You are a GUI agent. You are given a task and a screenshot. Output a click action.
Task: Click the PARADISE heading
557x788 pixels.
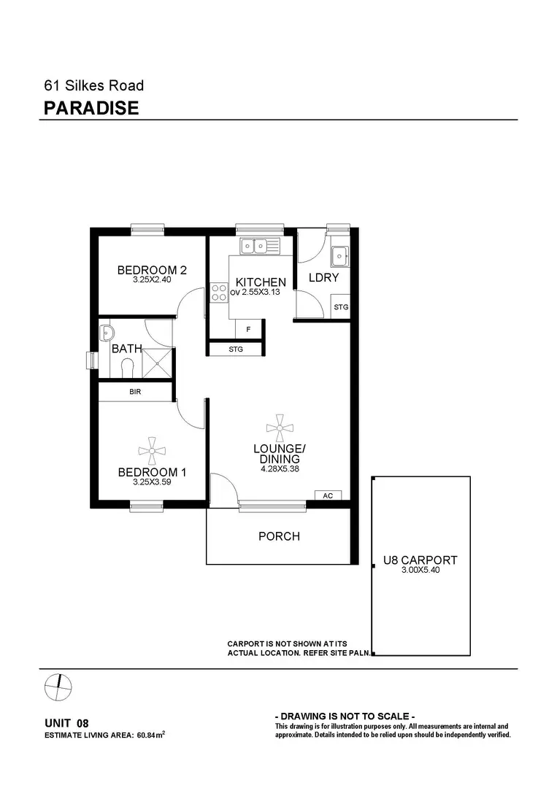click(91, 109)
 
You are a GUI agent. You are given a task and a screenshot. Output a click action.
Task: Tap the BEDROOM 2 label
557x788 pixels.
click(152, 271)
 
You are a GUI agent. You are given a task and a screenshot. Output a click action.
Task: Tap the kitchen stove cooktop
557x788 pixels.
click(218, 293)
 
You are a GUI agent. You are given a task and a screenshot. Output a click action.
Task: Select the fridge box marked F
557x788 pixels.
click(248, 330)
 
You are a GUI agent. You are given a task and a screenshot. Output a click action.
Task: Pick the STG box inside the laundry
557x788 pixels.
click(341, 307)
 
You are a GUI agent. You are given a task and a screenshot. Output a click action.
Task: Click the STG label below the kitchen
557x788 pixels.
click(235, 349)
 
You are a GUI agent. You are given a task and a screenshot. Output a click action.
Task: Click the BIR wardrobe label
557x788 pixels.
click(135, 392)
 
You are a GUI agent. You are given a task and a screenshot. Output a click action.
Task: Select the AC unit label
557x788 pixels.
click(328, 495)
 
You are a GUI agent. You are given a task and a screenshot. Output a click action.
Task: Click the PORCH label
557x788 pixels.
click(279, 536)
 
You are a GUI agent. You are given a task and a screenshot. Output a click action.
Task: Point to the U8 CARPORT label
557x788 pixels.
click(420, 560)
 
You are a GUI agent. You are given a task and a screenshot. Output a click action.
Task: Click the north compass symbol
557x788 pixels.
click(58, 686)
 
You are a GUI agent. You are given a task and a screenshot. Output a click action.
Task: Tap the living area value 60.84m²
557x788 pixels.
click(150, 735)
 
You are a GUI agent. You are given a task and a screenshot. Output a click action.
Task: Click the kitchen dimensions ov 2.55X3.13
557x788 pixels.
click(260, 293)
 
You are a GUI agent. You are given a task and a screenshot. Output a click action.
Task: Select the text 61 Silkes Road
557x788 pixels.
click(94, 85)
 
